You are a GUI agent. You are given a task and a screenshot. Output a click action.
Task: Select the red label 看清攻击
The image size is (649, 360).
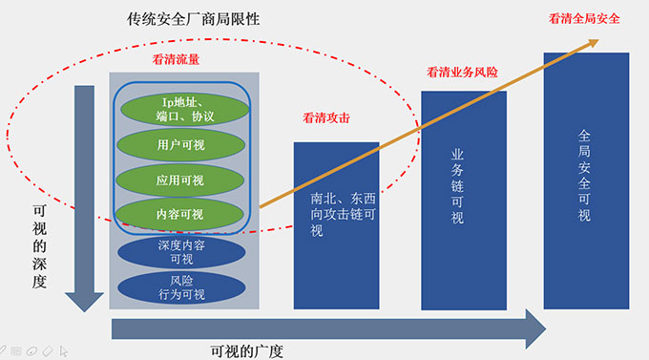pyautogui.click(x=326, y=118)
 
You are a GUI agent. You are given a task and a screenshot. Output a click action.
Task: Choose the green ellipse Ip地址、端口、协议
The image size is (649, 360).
pyautogui.click(x=181, y=109)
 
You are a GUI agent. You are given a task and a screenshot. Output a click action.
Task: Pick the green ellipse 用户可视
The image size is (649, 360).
pyautogui.click(x=181, y=146)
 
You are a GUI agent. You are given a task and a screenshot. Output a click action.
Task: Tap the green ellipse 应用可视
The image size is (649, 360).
pyautogui.click(x=181, y=180)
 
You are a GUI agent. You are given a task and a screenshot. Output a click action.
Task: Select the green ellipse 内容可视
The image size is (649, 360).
pyautogui.click(x=181, y=214)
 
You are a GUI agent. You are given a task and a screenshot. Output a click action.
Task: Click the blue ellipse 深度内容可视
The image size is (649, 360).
pyautogui.click(x=181, y=251)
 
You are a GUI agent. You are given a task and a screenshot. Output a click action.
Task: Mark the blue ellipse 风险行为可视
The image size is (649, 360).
pyautogui.click(x=181, y=287)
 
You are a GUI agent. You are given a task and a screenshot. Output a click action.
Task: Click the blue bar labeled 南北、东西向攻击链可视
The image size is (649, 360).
pyautogui.click(x=336, y=224)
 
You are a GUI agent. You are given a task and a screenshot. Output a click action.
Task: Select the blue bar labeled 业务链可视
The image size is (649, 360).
pyautogui.click(x=464, y=200)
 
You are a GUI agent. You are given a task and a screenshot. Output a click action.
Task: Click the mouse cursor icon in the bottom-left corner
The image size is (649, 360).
pyautogui.click(x=63, y=349)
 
